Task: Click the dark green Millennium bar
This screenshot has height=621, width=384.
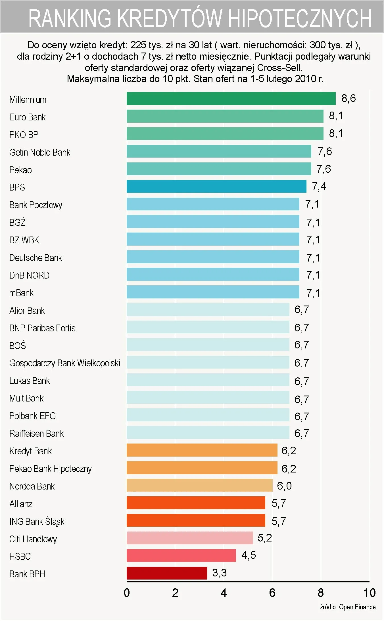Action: pyautogui.click(x=231, y=99)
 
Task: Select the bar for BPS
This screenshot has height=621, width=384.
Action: pyautogui.click(x=216, y=187)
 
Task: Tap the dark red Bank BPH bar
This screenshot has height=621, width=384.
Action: pyautogui.click(x=167, y=573)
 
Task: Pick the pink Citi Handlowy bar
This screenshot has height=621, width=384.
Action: pyautogui.click(x=190, y=538)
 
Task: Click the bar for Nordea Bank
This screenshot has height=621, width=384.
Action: pyautogui.click(x=199, y=485)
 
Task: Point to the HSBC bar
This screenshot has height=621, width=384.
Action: pyautogui.click(x=181, y=555)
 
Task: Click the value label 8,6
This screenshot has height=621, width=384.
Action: pyautogui.click(x=348, y=98)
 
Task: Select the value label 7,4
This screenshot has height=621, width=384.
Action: pyautogui.click(x=319, y=187)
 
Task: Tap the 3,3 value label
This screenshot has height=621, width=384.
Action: pyautogui.click(x=219, y=573)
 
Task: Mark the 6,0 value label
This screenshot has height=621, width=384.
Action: pyautogui.click(x=284, y=486)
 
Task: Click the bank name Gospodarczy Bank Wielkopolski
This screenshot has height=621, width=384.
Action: pyautogui.click(x=65, y=363)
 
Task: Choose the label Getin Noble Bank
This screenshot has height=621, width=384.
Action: pyautogui.click(x=39, y=152)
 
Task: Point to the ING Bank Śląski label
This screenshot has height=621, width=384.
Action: pyautogui.click(x=37, y=521)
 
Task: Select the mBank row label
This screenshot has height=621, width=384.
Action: pyautogui.click(x=21, y=293)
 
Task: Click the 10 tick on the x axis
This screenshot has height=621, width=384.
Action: pyautogui.click(x=369, y=593)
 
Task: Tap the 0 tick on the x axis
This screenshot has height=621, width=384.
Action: pyautogui.click(x=127, y=593)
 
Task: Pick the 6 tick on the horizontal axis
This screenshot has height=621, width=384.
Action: pyautogui.click(x=272, y=593)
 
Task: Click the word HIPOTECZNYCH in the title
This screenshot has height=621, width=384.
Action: pyautogui.click(x=300, y=18)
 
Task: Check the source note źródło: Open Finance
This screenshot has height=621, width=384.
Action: pyautogui.click(x=348, y=607)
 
